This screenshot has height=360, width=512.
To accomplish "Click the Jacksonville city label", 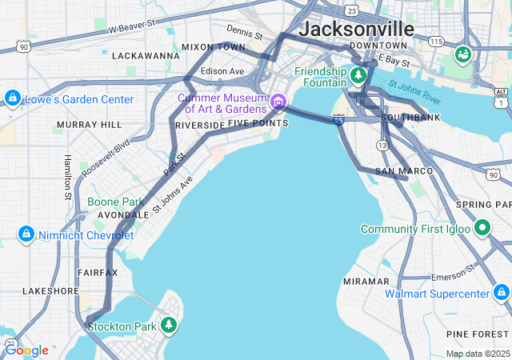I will tap(356, 29).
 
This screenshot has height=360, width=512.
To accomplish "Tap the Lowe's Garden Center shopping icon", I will tap(12, 98).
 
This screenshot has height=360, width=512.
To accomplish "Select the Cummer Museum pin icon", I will tap(278, 101).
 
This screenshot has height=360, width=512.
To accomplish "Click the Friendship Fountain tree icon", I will tap(359, 75).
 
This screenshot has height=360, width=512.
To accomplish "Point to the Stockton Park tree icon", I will tap(168, 325).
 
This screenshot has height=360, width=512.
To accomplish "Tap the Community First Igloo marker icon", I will tap(482, 229).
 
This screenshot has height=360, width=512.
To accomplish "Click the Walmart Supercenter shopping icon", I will tap(501, 293).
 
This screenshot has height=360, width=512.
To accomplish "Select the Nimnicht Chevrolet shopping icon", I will tap(26, 234).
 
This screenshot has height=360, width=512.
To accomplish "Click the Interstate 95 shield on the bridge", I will tap(339, 119).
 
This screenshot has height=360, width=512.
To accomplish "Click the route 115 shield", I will tap(435, 41).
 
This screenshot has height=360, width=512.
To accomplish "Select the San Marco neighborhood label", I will tap(404, 171).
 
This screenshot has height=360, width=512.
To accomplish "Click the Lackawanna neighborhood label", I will tap(146, 56).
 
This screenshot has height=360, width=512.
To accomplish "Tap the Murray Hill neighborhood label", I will tap(89, 126).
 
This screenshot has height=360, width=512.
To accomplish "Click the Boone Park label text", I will tap(115, 202).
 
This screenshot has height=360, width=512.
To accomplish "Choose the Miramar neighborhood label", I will tap(366, 282).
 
